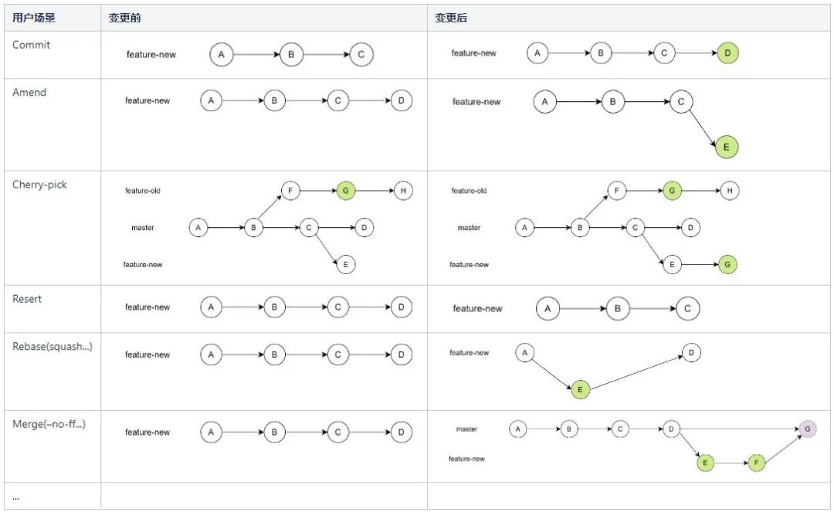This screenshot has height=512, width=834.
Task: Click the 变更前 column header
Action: click(x=124, y=18)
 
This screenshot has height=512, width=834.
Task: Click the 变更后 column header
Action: click(x=451, y=18)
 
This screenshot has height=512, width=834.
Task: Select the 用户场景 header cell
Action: click(x=33, y=18)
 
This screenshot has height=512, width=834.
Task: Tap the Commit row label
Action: click(x=31, y=45)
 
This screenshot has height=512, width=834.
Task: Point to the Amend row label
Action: click(x=29, y=92)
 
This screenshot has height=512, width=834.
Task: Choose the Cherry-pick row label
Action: click(x=39, y=185)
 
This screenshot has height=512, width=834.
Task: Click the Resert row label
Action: click(x=26, y=299)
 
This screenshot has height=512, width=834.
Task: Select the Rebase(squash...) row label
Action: click(x=53, y=347)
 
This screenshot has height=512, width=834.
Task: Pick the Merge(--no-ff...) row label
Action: click(x=49, y=424)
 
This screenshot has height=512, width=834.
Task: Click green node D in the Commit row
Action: click(x=727, y=53)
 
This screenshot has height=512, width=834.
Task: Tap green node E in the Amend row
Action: click(x=726, y=147)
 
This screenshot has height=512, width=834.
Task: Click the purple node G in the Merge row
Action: click(x=808, y=429)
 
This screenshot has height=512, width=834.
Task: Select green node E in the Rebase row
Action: click(x=580, y=389)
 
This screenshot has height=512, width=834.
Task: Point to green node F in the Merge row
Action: click(x=756, y=463)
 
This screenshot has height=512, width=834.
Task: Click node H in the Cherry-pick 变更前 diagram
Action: click(x=403, y=190)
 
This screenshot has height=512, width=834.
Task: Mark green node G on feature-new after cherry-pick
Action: click(x=727, y=264)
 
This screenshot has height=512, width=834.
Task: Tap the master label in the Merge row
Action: click(x=466, y=429)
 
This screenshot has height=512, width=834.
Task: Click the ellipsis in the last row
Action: click(x=15, y=498)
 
